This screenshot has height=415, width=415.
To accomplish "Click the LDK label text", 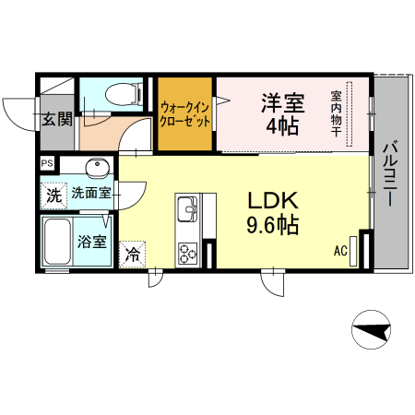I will pos(271,200).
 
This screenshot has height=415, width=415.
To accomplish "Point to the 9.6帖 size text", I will pos(271,224).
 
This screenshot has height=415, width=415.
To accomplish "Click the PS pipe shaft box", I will pos(46,164).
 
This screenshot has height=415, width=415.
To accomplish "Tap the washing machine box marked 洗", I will pos(53,195).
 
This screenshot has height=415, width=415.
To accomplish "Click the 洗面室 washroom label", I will pos(92,194).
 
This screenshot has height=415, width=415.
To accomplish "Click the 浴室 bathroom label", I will pos(92,243).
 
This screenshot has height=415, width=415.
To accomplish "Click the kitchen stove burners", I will pos(187,251).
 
